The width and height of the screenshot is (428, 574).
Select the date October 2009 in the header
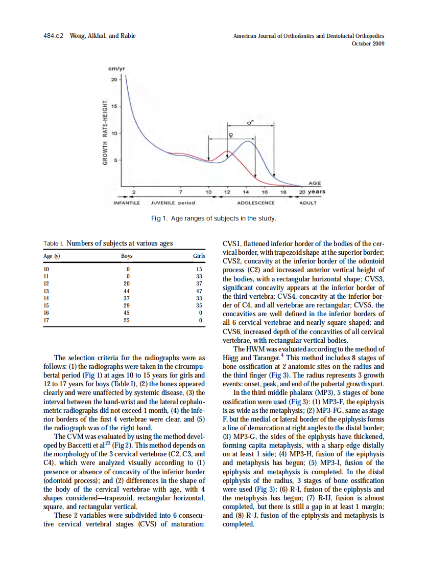coord(368,43)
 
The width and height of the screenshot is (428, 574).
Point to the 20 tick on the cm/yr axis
coord(114,80)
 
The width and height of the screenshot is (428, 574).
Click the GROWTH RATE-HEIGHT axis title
coord(105,131)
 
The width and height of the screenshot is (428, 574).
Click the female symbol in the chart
coord(231,136)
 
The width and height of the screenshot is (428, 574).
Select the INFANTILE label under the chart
coord(126,203)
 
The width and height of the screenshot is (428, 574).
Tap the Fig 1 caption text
coord(214,219)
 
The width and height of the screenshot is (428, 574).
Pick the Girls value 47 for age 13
coord(200,290)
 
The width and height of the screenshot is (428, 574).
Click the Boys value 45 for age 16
coord(127,312)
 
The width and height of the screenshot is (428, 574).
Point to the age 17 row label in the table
coord(47,320)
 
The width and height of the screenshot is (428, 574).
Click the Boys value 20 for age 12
coord(127,283)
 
